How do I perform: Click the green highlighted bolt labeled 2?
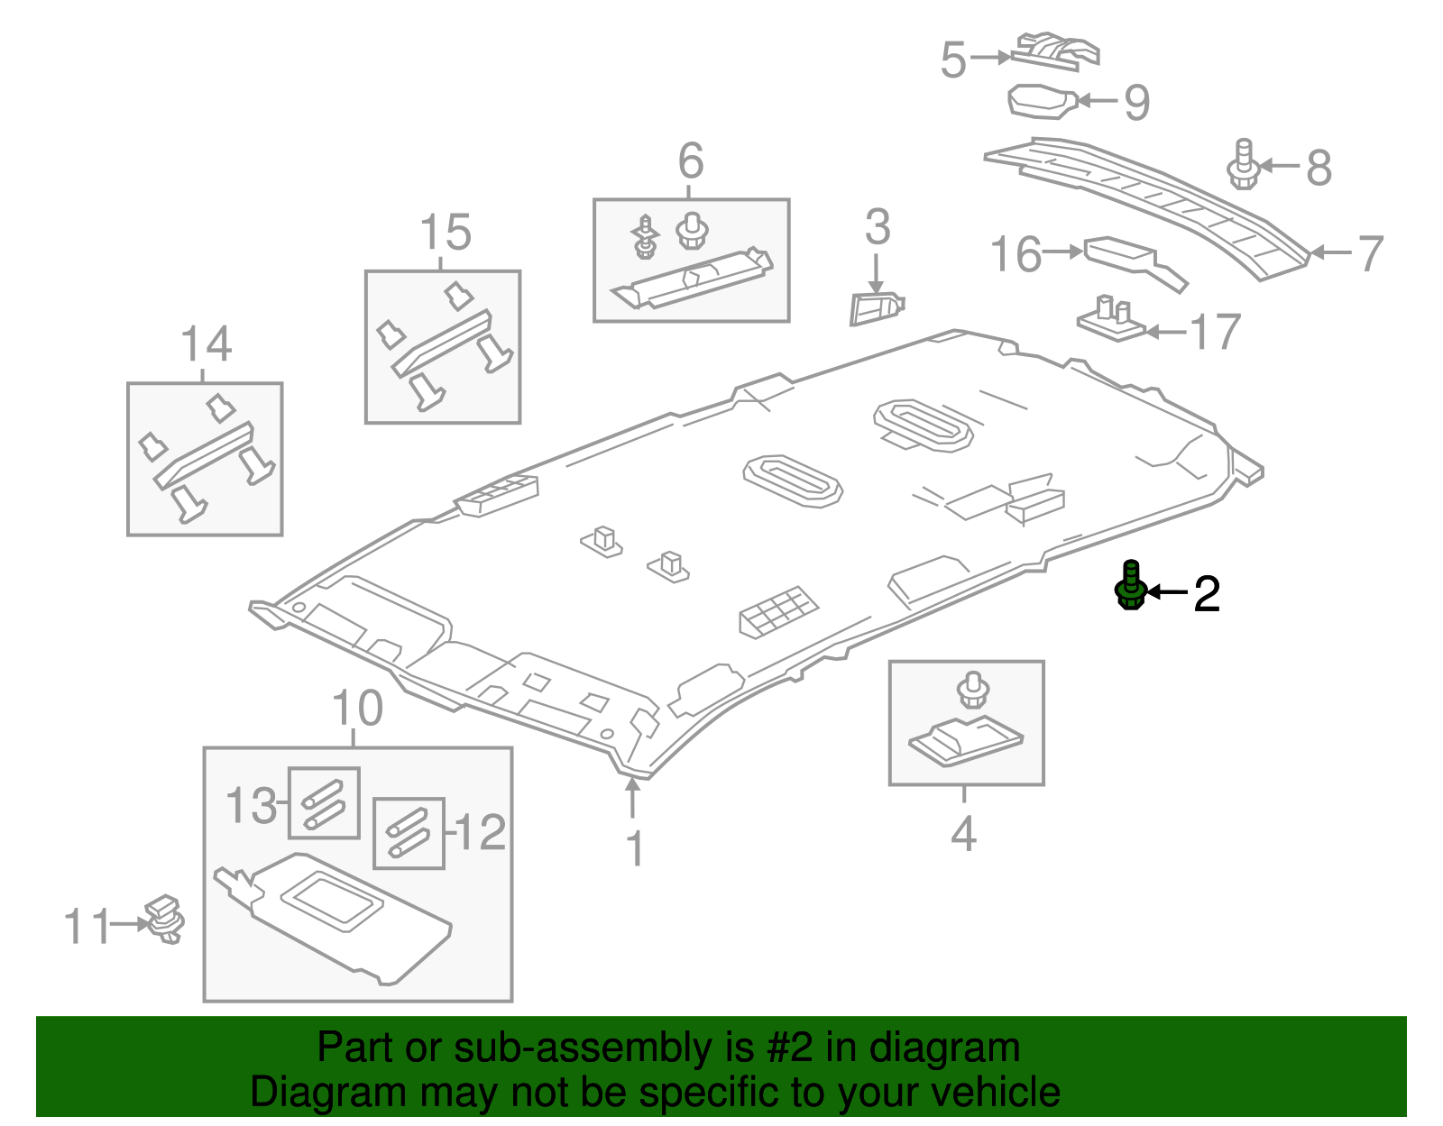click(x=1130, y=586)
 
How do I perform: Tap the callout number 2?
click(x=1207, y=594)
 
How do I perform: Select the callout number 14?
click(x=206, y=344)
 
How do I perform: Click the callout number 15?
click(x=446, y=233)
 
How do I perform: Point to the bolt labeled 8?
click(x=1244, y=164)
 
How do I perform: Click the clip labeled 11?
click(x=165, y=919)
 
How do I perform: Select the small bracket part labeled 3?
click(x=875, y=307)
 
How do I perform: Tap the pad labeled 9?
click(x=1042, y=101)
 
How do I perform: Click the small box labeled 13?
click(x=324, y=802)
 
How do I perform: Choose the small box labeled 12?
click(x=409, y=833)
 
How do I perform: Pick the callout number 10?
click(x=357, y=709)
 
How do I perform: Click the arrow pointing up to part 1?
click(x=633, y=798)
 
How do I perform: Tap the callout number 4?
click(x=963, y=834)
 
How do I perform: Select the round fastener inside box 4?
click(x=972, y=690)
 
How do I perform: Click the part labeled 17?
click(x=1112, y=320)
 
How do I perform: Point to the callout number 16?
click(x=1016, y=254)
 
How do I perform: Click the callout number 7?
click(x=1370, y=253)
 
